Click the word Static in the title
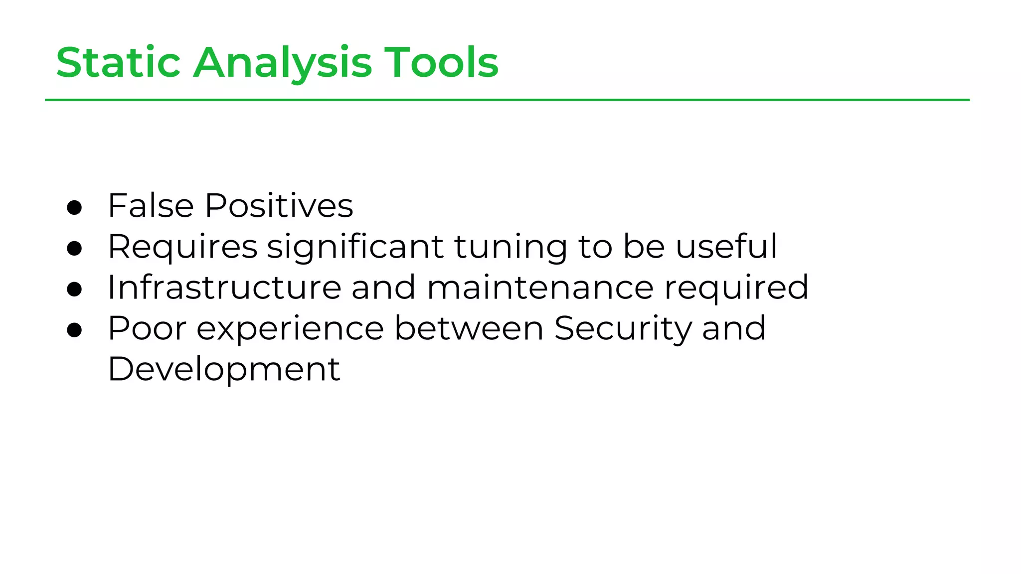[x=118, y=62]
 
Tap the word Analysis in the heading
[x=282, y=63]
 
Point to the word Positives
[x=279, y=205]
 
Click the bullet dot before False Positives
[x=74, y=208]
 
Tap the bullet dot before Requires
[x=74, y=249]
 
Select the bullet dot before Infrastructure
[x=74, y=289]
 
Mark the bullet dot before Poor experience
[x=74, y=330]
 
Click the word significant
[x=355, y=247]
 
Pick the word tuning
[x=510, y=247]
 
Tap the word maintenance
[x=540, y=287]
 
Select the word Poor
[x=147, y=328]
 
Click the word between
[x=469, y=328]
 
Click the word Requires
[x=182, y=247]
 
